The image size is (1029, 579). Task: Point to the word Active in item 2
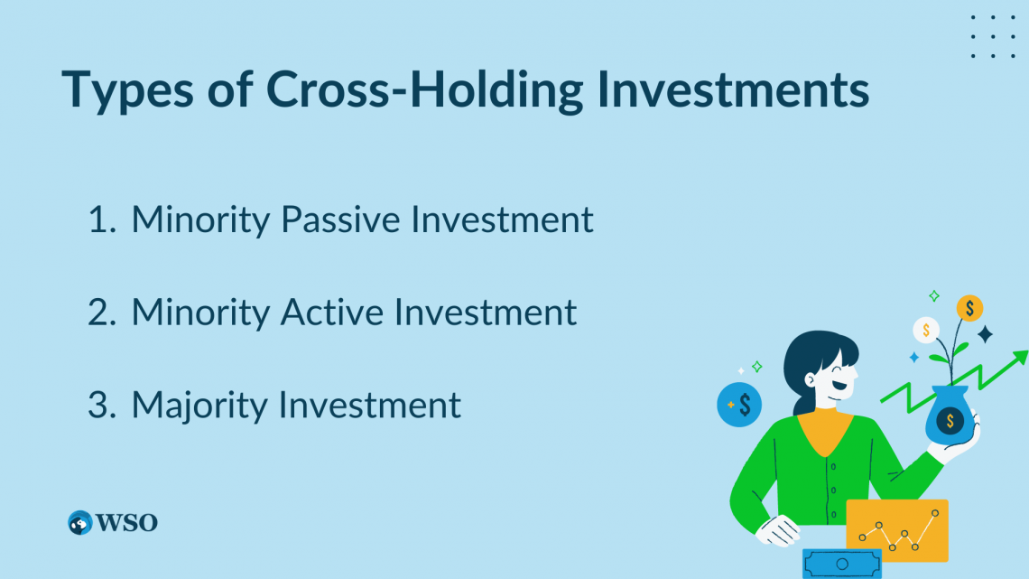333,313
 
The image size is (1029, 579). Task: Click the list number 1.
100,220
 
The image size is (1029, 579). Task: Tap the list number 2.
100,313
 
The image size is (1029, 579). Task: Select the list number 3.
100,406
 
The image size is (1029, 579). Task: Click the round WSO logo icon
80,522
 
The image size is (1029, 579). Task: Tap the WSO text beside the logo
127,522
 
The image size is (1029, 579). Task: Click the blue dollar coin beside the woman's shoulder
739,405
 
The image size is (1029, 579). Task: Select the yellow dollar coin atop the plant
969,308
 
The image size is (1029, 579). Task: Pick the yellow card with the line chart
897,530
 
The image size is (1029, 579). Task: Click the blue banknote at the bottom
841,564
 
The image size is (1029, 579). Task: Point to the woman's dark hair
808,357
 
